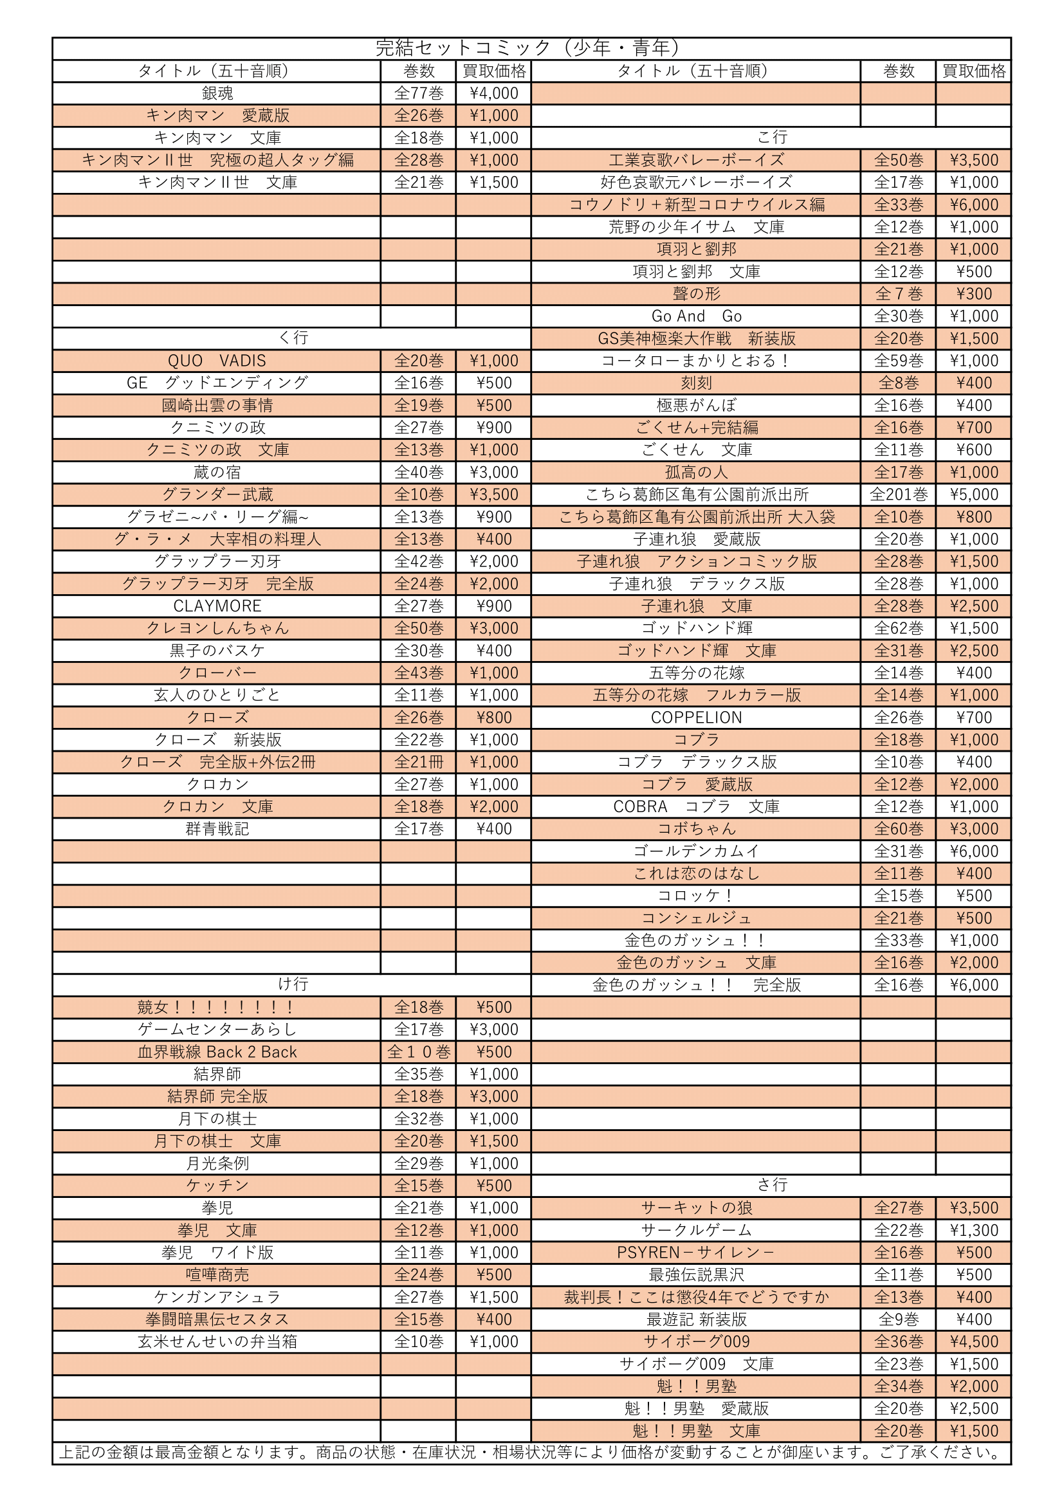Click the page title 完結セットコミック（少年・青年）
point(531,48)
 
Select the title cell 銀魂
point(217,93)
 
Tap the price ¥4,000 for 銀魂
point(493,93)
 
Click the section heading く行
point(292,338)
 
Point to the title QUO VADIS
point(217,361)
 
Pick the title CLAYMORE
point(217,606)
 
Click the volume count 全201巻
point(898,494)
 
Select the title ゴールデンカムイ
point(696,851)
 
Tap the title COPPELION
point(696,718)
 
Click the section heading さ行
point(771,1185)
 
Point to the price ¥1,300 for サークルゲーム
point(973,1230)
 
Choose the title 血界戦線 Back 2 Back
point(217,1052)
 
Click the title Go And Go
point(696,316)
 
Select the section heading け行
point(292,984)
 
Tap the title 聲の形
point(696,294)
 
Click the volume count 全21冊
point(418,762)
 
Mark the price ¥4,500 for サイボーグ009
point(973,1341)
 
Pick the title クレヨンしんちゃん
point(217,628)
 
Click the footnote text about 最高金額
point(531,1453)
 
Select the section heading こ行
point(771,138)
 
